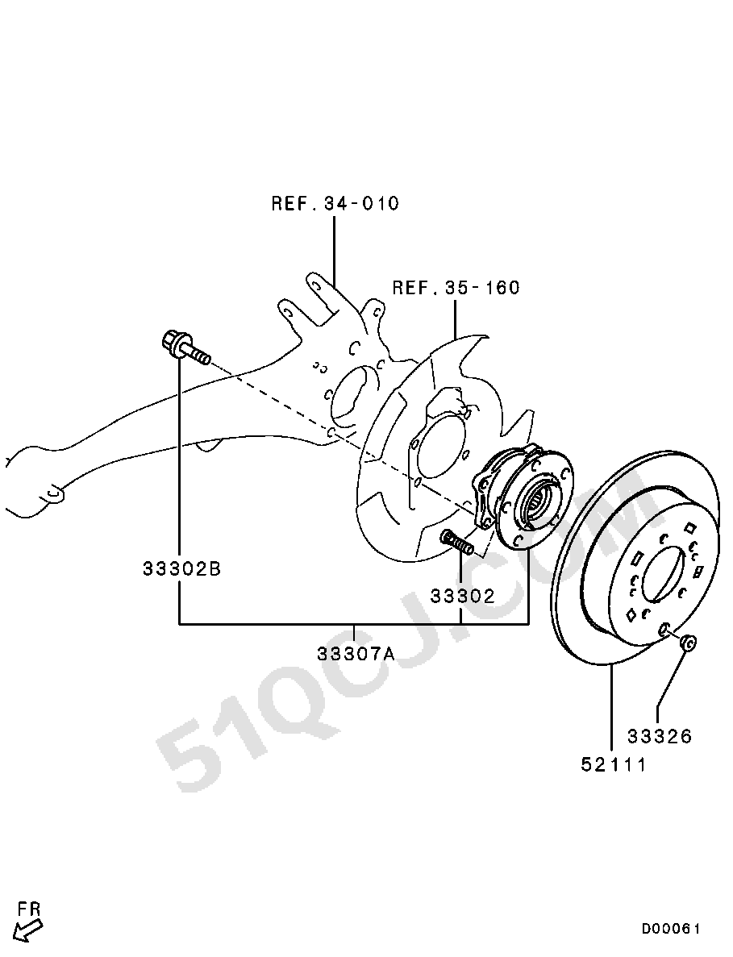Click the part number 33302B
click(x=182, y=569)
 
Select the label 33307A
click(x=356, y=654)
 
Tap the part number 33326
click(x=660, y=737)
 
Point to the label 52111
click(x=614, y=764)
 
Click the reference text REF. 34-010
click(x=335, y=203)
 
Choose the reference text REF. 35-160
click(x=456, y=288)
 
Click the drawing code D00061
click(x=671, y=929)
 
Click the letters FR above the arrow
click(x=29, y=909)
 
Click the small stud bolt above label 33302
click(x=456, y=541)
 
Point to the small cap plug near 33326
click(x=689, y=642)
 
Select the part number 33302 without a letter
click(x=462, y=596)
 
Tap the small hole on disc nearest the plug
click(x=665, y=629)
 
